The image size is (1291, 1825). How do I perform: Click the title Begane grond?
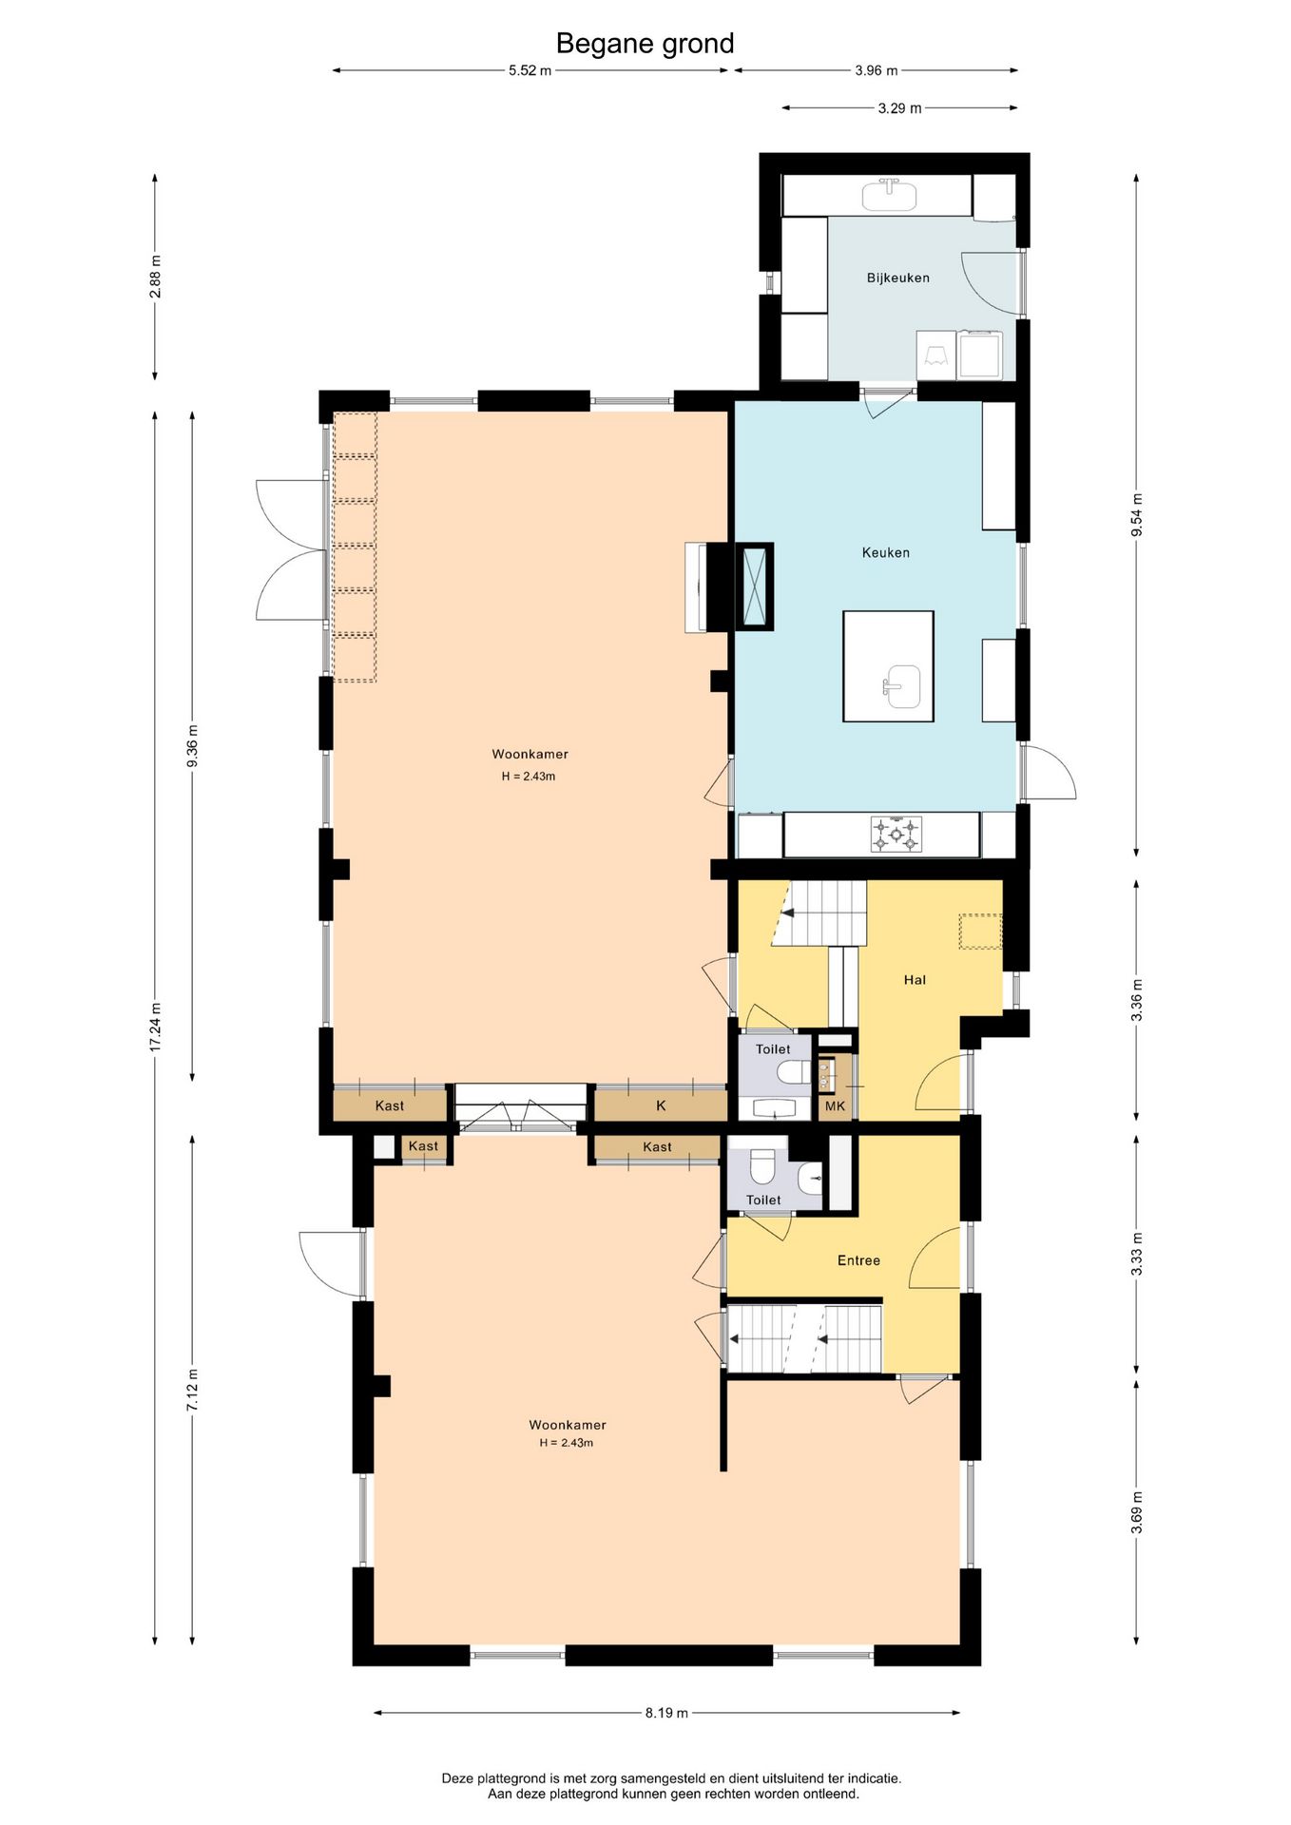[645, 44]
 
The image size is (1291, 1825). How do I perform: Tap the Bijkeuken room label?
[897, 278]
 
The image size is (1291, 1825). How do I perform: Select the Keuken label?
[885, 552]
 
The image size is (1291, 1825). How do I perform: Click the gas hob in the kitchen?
[896, 835]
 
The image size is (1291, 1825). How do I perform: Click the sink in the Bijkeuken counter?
[889, 195]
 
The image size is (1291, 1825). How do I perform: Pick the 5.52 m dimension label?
[530, 70]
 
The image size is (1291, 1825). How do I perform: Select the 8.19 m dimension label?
[666, 1713]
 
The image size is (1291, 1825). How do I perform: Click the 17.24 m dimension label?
[155, 1028]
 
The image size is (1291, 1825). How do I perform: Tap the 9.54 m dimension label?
[1136, 515]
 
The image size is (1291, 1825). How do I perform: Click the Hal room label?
[915, 980]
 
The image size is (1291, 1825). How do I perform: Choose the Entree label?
[858, 1260]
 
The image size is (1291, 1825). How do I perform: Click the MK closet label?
[835, 1105]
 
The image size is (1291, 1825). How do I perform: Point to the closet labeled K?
[661, 1105]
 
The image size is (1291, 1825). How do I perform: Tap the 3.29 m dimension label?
[899, 108]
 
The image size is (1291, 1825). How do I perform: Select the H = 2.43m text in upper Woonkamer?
[529, 777]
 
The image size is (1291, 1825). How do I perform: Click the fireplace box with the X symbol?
[755, 586]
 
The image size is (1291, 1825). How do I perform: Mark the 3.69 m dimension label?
[1136, 1512]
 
